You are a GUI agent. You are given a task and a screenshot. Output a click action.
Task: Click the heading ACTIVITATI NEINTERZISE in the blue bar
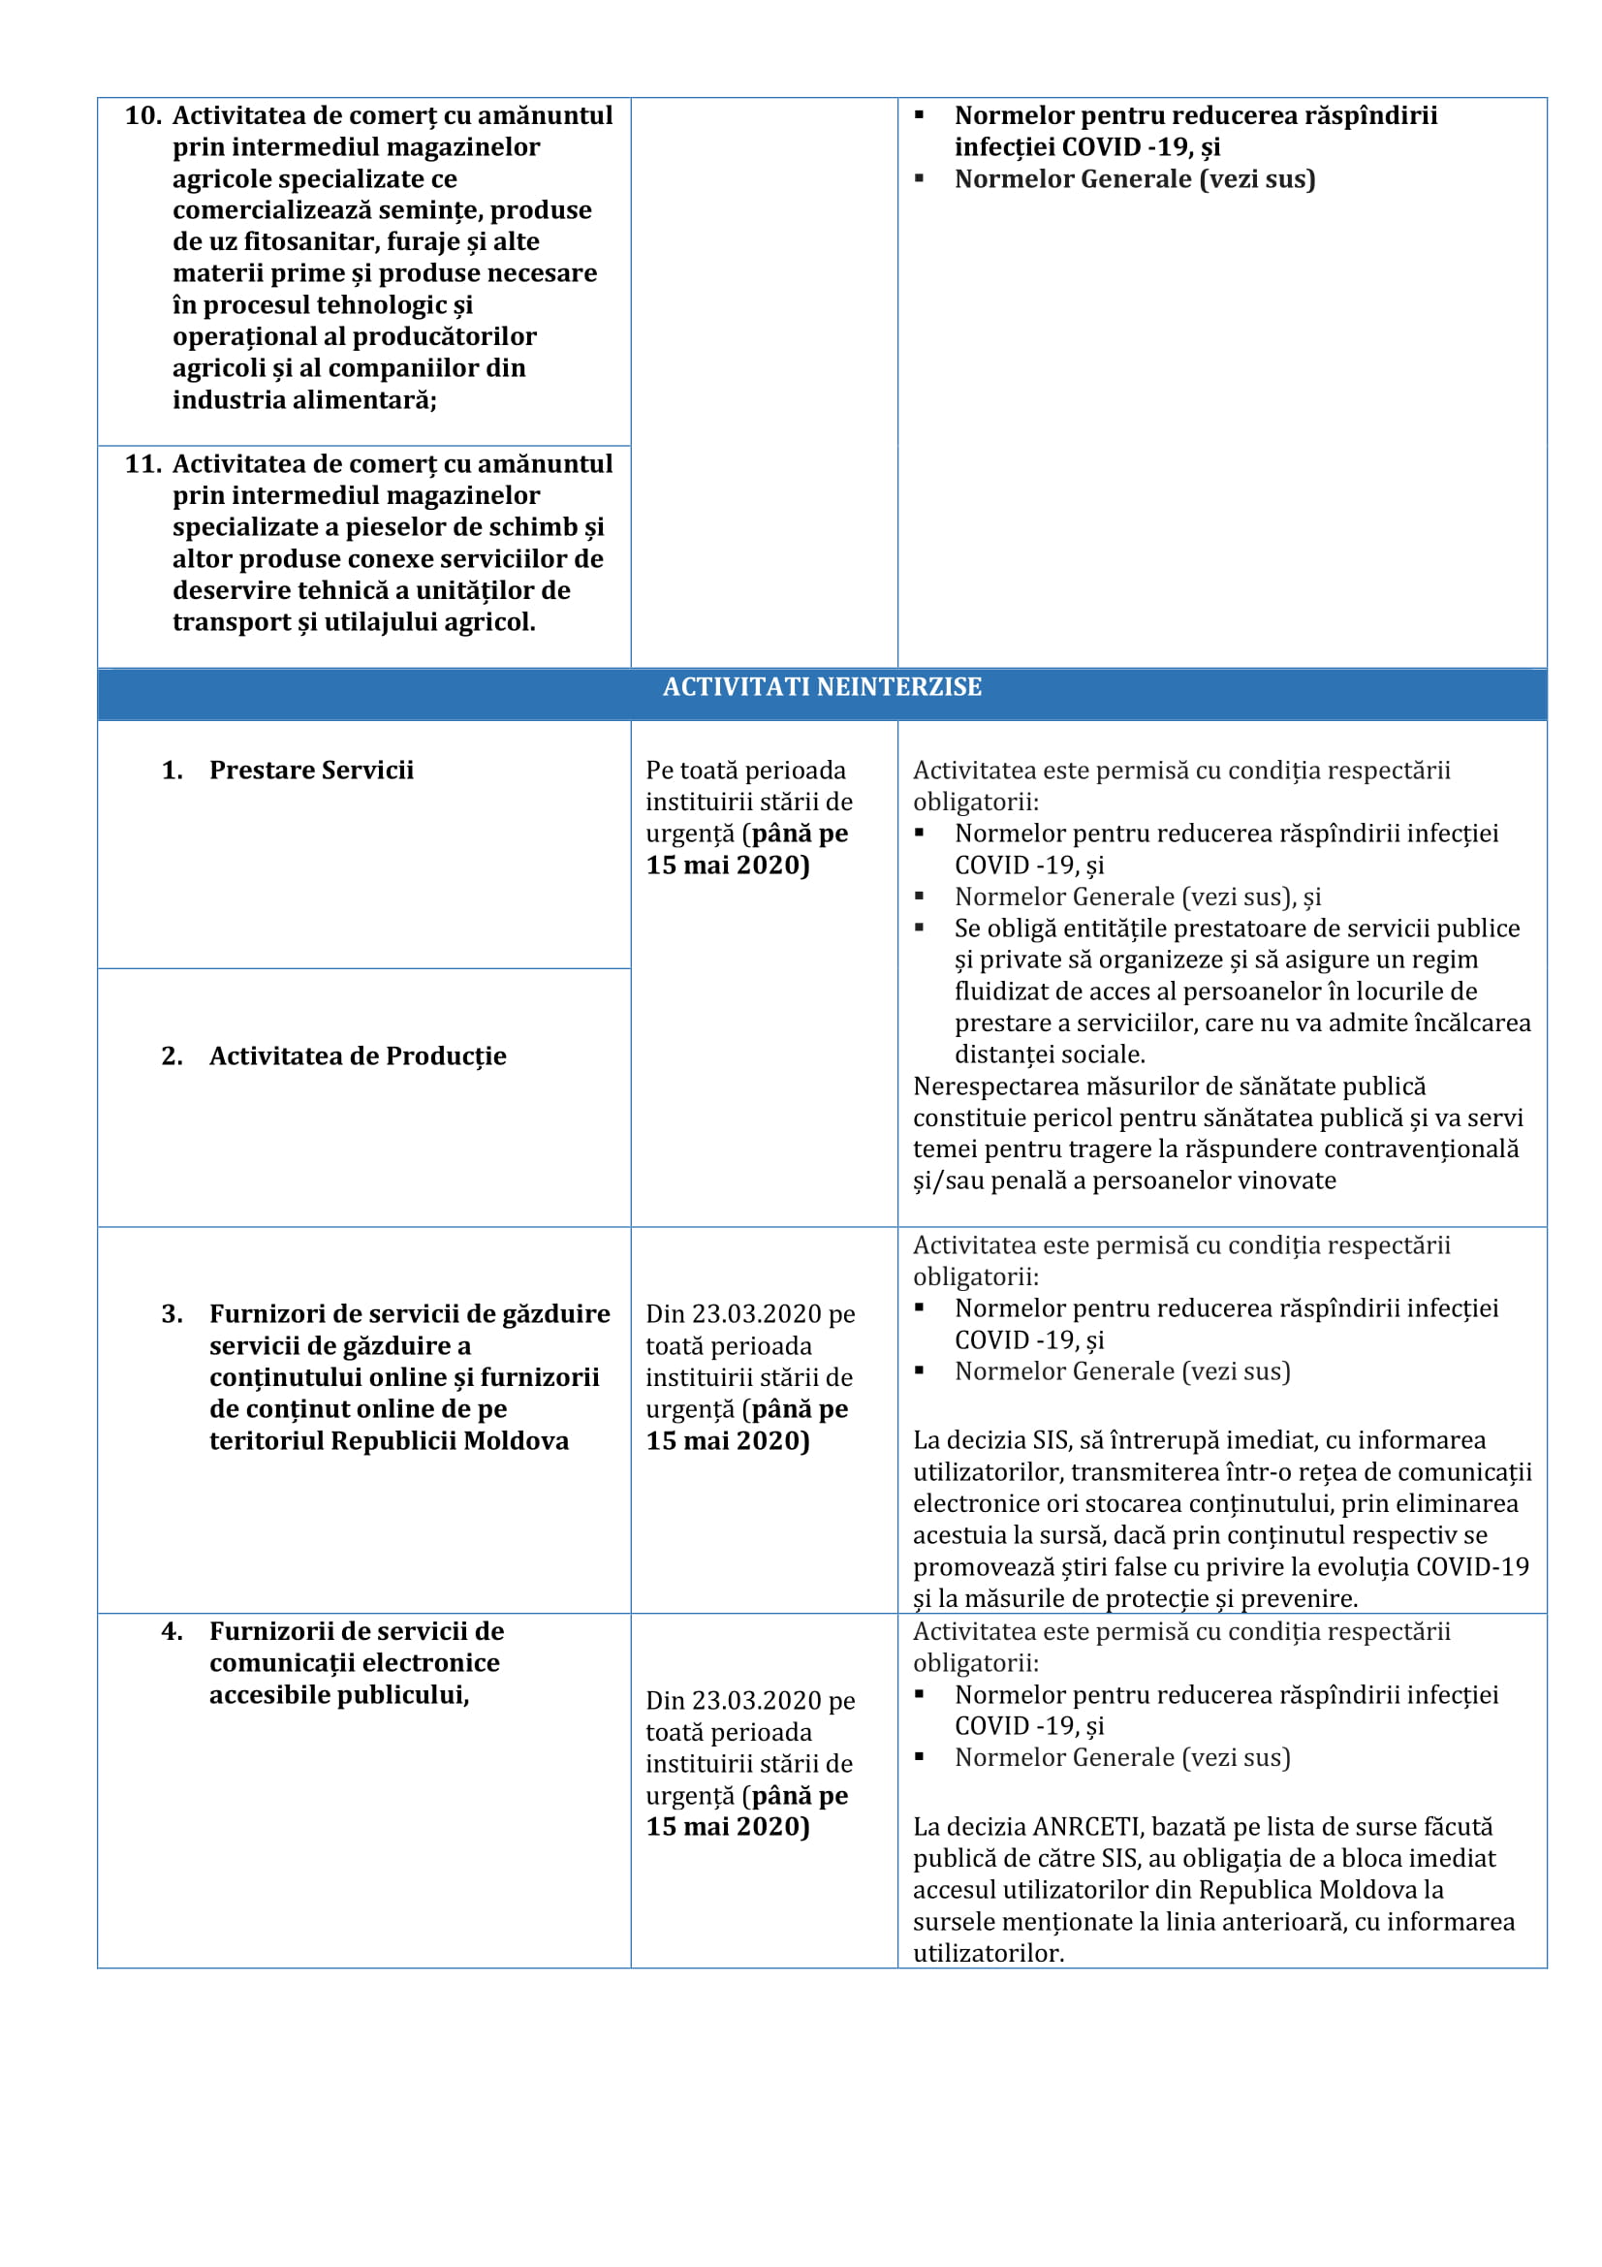pyautogui.click(x=821, y=687)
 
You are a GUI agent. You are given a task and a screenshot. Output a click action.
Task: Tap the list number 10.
pyautogui.click(x=143, y=115)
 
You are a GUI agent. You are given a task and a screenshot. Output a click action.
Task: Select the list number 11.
pyautogui.click(x=143, y=463)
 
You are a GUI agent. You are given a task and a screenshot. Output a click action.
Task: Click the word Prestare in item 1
pyautogui.click(x=257, y=771)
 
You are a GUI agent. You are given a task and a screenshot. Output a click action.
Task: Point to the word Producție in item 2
pyautogui.click(x=446, y=1055)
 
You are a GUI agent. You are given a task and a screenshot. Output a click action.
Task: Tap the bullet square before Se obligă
pyautogui.click(x=919, y=929)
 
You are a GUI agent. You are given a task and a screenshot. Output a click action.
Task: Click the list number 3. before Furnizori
pyautogui.click(x=172, y=1314)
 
